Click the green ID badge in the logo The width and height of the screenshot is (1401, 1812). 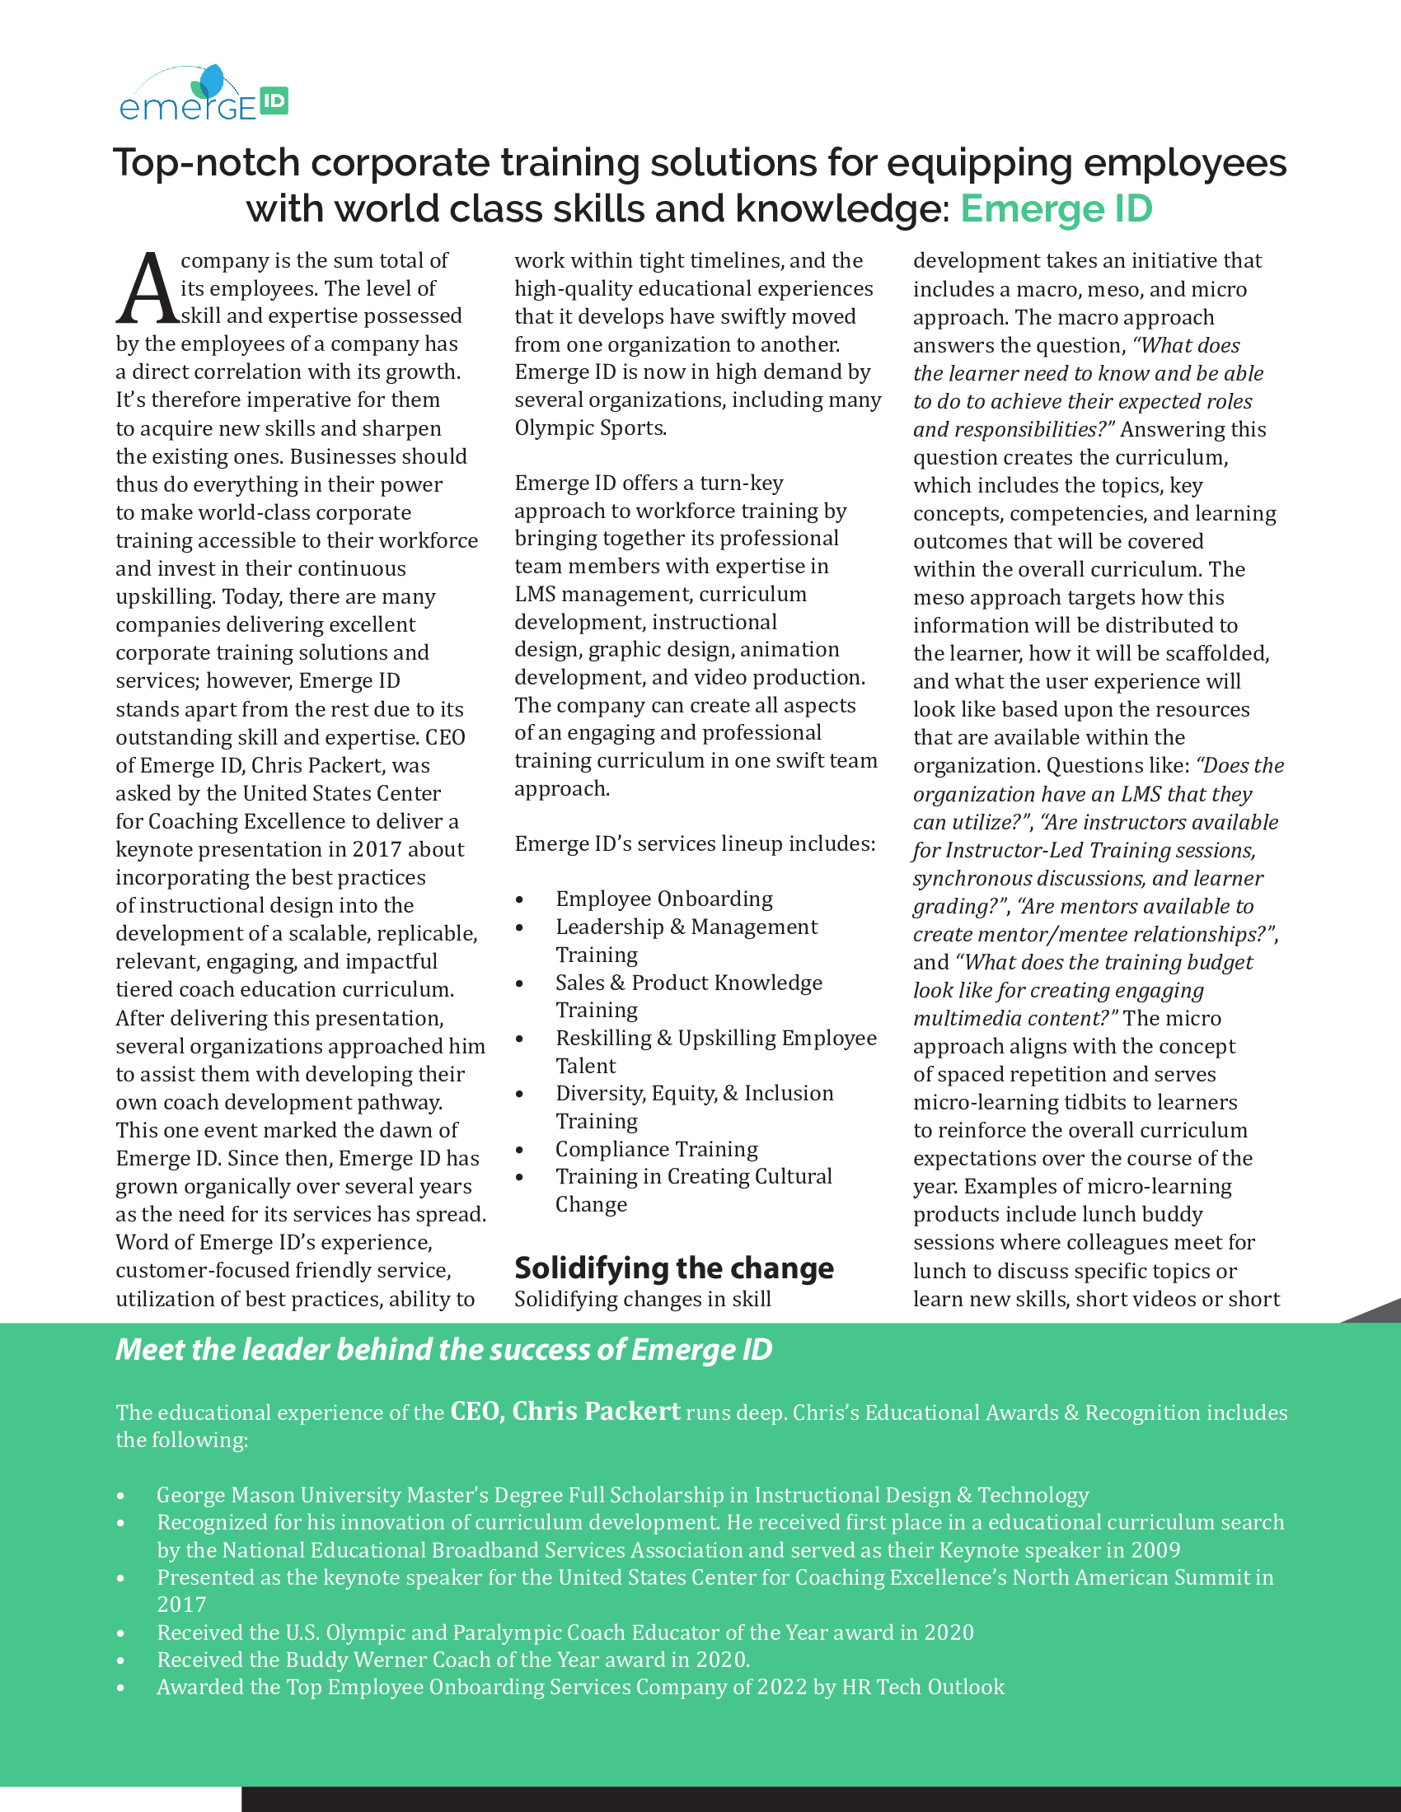point(273,101)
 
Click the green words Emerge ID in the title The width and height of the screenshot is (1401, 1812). point(1056,209)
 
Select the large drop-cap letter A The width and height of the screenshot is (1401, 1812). point(147,290)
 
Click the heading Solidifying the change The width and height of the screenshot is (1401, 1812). point(674,1268)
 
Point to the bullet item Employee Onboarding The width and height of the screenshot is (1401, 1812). point(664,899)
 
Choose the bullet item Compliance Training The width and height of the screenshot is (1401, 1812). point(657,1149)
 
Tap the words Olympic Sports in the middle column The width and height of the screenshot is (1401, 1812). point(590,428)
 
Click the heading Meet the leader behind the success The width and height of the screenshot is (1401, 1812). point(444,1350)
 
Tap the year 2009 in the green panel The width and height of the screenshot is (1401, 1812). point(1155,1550)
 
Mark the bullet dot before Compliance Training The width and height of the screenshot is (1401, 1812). point(519,1151)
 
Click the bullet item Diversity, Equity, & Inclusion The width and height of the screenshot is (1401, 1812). point(694,1094)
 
